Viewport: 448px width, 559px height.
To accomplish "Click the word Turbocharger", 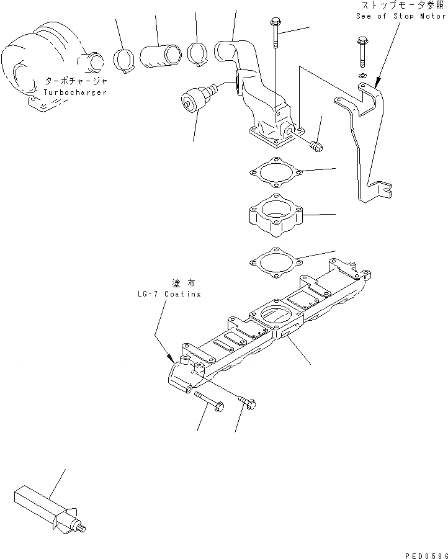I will click(x=75, y=92).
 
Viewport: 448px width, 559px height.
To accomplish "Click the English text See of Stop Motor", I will click(x=401, y=16).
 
